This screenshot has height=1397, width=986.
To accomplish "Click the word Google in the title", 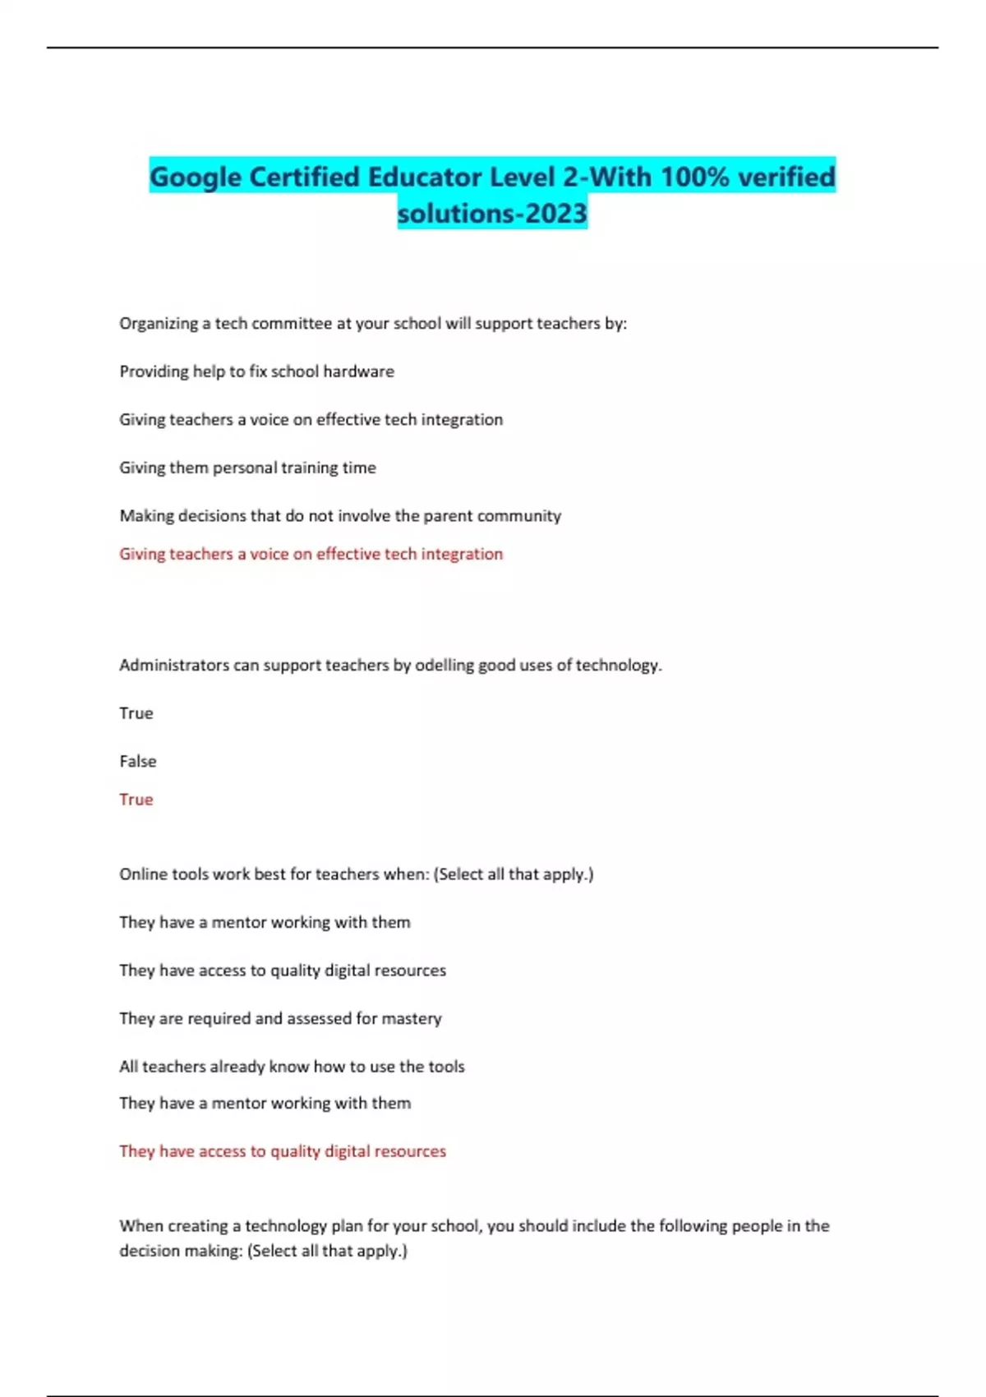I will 196,178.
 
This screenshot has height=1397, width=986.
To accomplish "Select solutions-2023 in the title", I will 492,214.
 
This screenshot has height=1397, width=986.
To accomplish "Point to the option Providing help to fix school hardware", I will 256,371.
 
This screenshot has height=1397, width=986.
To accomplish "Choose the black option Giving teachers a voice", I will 311,420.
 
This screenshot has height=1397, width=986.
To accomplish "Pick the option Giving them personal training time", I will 247,468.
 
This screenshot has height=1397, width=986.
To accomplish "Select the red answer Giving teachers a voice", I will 311,554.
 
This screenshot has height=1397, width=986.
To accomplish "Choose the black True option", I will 136,713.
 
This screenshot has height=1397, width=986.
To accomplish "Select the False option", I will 138,762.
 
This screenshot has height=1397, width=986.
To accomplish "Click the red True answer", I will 136,800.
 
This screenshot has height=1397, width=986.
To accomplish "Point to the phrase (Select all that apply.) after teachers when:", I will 513,874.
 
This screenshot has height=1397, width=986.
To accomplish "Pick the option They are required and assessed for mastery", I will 280,1019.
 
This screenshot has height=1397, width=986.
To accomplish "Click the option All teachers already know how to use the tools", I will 292,1067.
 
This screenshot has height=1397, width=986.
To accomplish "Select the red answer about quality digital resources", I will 283,1151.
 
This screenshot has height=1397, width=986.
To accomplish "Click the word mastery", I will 412,1019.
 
